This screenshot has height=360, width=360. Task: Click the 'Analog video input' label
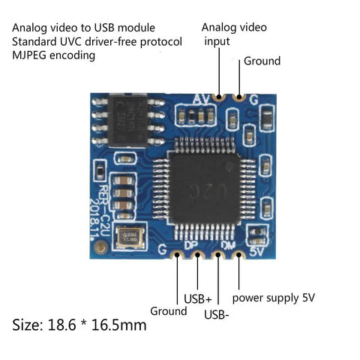tap(233, 34)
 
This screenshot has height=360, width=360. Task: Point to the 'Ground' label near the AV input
tap(262, 61)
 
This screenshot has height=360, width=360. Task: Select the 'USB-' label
tap(217, 314)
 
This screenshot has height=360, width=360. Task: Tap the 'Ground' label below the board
tap(168, 310)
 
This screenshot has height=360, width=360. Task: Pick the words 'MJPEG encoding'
tap(58, 55)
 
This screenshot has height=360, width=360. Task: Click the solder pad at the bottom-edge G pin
tap(178, 256)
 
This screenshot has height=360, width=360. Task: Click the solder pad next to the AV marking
tap(219, 97)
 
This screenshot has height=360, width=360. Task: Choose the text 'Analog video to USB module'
tap(79, 28)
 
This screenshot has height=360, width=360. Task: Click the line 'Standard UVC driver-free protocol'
tap(97, 41)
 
